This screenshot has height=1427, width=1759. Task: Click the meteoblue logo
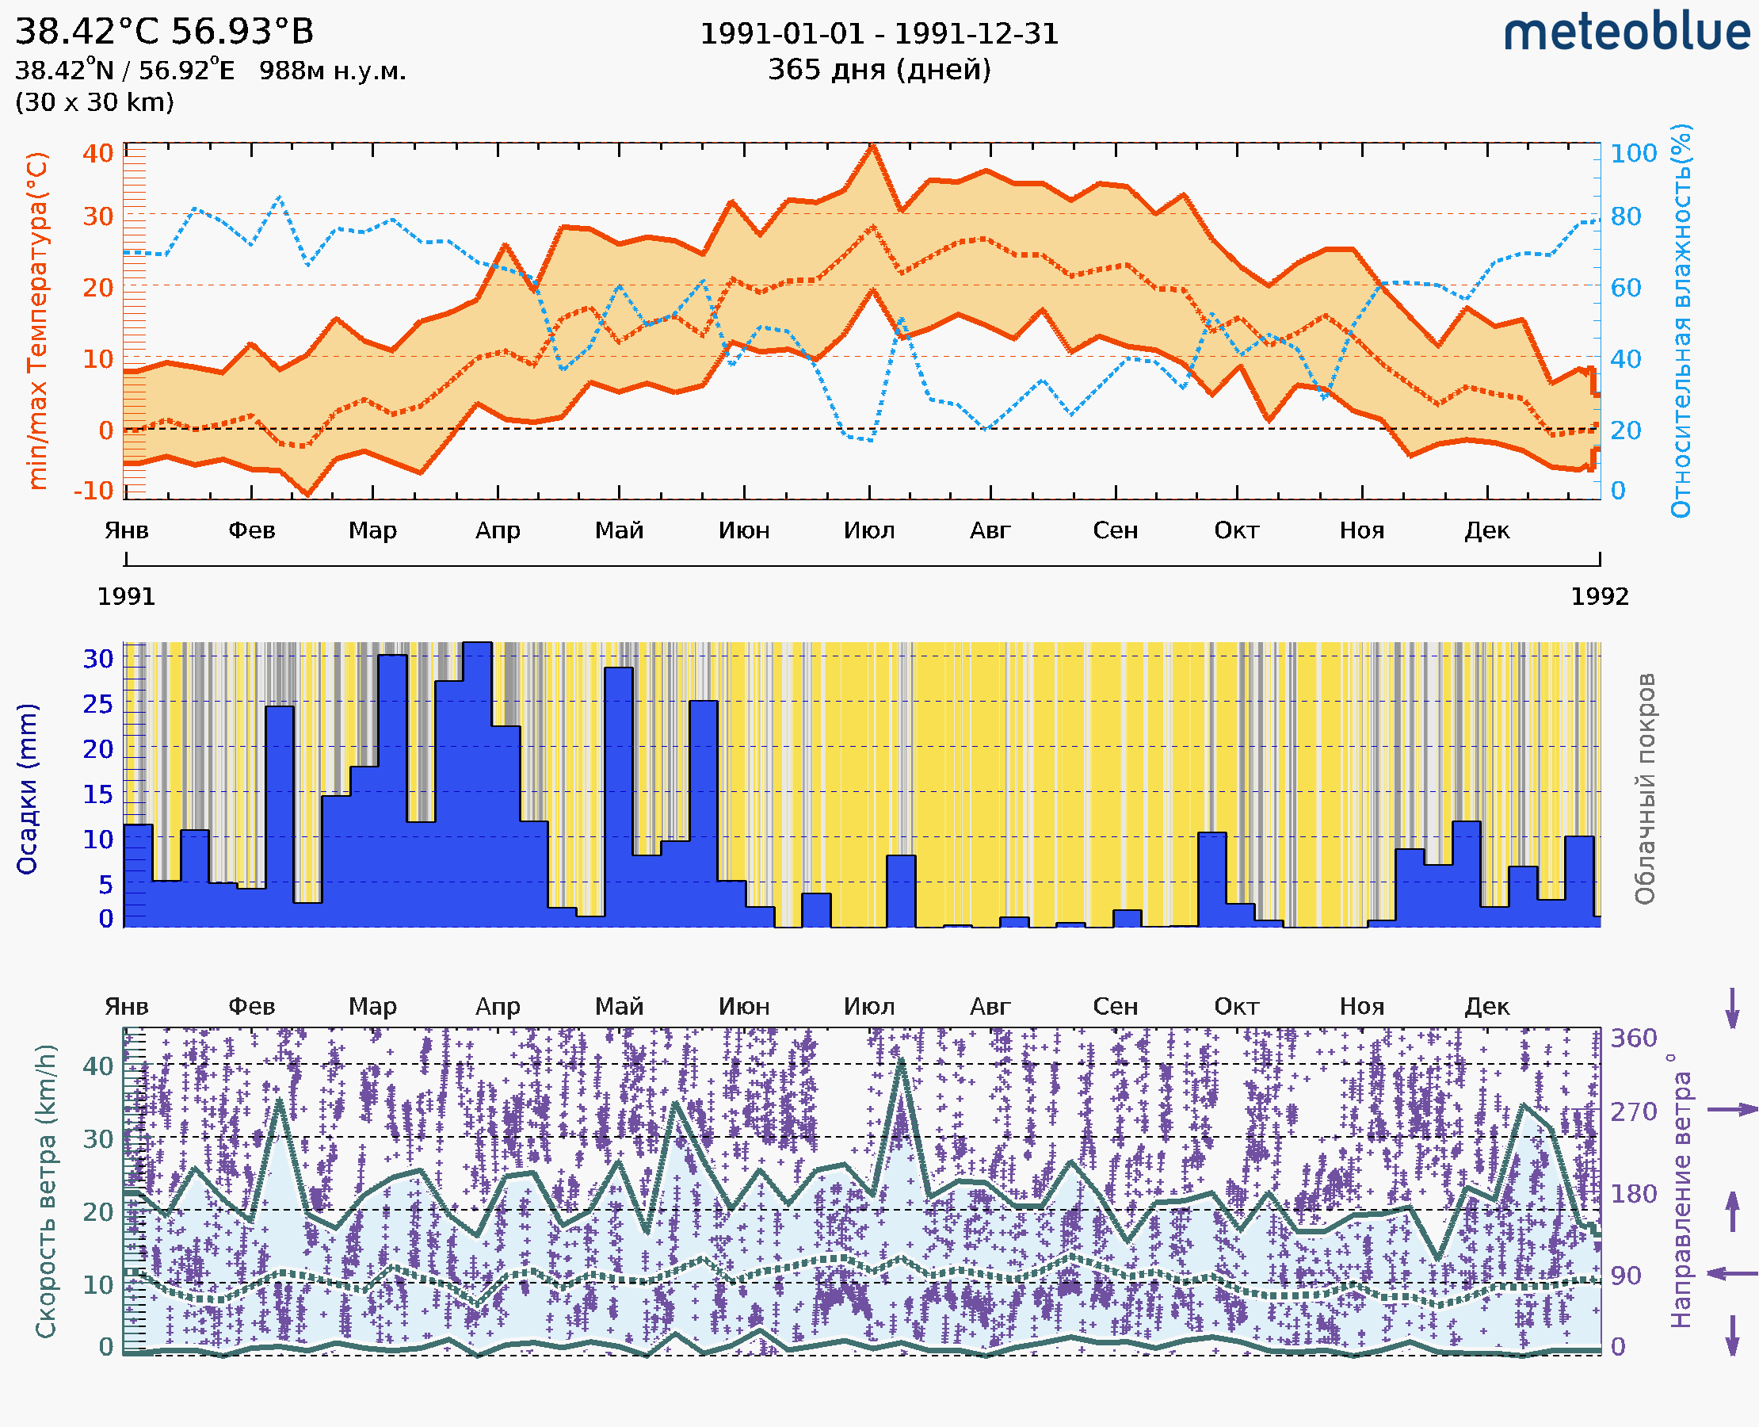click(1626, 33)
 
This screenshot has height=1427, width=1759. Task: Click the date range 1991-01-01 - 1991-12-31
click(878, 34)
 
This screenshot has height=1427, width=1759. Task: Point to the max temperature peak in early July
click(872, 147)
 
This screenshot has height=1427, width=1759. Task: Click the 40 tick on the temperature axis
click(97, 154)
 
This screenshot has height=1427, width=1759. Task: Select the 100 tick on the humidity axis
click(1632, 154)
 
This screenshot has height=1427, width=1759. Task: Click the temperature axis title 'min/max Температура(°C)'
click(37, 320)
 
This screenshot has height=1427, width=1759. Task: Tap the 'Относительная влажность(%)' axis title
click(1680, 320)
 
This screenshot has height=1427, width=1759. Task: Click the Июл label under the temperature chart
click(868, 530)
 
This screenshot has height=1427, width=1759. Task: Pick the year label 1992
click(1599, 597)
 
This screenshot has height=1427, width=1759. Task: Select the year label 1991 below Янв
click(126, 597)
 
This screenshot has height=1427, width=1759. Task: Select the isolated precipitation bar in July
click(900, 891)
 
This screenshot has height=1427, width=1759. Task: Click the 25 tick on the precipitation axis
click(97, 705)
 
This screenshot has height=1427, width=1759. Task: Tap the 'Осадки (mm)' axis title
click(27, 789)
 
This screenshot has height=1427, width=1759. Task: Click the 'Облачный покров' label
click(1644, 789)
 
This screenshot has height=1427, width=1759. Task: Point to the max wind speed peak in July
click(901, 1062)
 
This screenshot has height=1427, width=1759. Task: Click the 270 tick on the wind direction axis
click(1632, 1111)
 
